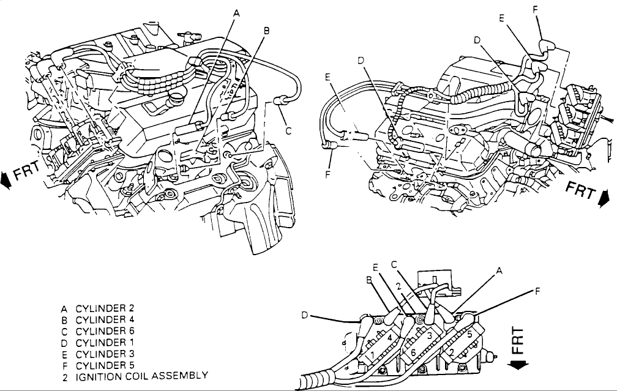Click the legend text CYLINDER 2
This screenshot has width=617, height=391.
105,308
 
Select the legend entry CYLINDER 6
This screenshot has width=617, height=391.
105,331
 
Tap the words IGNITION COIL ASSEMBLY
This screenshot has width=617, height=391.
141,376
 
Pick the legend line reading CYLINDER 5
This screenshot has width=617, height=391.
105,365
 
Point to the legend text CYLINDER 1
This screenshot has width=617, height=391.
105,342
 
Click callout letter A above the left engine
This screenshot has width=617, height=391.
236,13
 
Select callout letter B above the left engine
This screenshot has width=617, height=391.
266,31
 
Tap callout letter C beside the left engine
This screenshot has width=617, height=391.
288,130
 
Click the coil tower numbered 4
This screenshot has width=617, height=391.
389,338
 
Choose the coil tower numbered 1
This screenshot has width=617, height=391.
371,356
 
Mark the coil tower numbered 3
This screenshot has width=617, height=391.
430,335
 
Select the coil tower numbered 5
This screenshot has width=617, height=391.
469,335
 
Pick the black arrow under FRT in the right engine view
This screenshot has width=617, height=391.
602,199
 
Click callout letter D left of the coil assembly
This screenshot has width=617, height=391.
304,315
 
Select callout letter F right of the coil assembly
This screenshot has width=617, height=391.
537,291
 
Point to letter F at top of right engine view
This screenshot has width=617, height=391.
536,9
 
